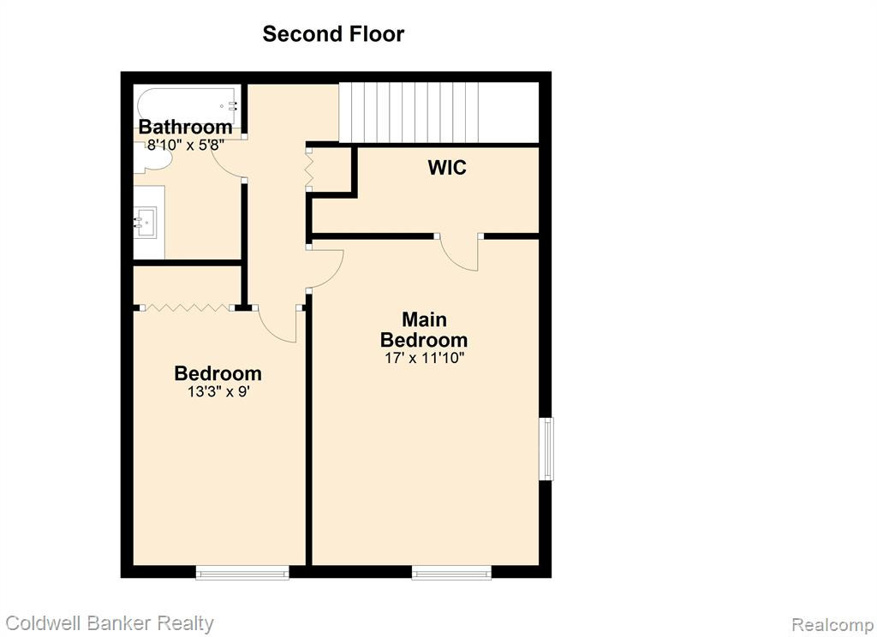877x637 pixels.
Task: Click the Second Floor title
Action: coord(333,34)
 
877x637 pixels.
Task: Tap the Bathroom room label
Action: coord(186,127)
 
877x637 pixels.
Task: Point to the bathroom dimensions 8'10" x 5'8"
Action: coord(186,146)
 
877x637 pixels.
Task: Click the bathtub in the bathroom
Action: coord(188,106)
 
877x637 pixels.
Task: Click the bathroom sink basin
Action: coord(146,222)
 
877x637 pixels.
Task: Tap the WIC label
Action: coord(447,167)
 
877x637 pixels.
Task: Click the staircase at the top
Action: coord(438,112)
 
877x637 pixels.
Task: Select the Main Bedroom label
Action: coord(424,330)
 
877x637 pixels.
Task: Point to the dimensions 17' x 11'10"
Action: coord(425,358)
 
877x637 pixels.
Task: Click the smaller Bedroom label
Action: coord(218,373)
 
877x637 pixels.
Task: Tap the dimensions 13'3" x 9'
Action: coord(218,391)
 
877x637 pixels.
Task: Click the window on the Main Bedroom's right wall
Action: coord(546,449)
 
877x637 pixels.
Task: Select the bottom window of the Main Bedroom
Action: coord(451,572)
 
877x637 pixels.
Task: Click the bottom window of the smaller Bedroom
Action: coord(242,572)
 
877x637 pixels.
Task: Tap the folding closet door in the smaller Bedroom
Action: coord(186,307)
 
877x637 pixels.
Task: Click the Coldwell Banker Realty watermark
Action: coord(110,623)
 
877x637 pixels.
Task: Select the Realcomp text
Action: coord(832,625)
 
